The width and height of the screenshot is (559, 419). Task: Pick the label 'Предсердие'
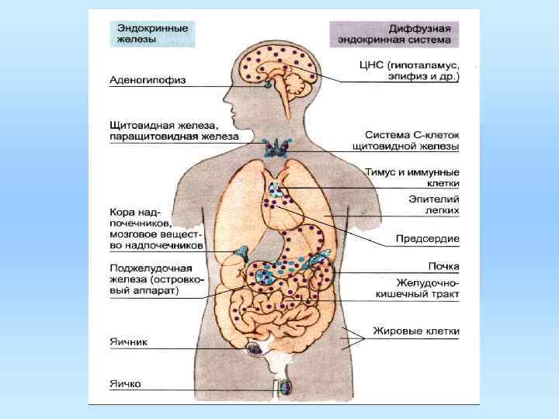(x=428, y=237)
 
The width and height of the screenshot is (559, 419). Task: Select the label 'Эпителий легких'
(x=434, y=204)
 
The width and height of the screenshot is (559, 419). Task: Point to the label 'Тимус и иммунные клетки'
(x=412, y=177)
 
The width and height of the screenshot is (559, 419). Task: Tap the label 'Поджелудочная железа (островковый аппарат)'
(x=155, y=279)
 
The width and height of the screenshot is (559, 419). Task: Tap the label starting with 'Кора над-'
(x=155, y=226)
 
